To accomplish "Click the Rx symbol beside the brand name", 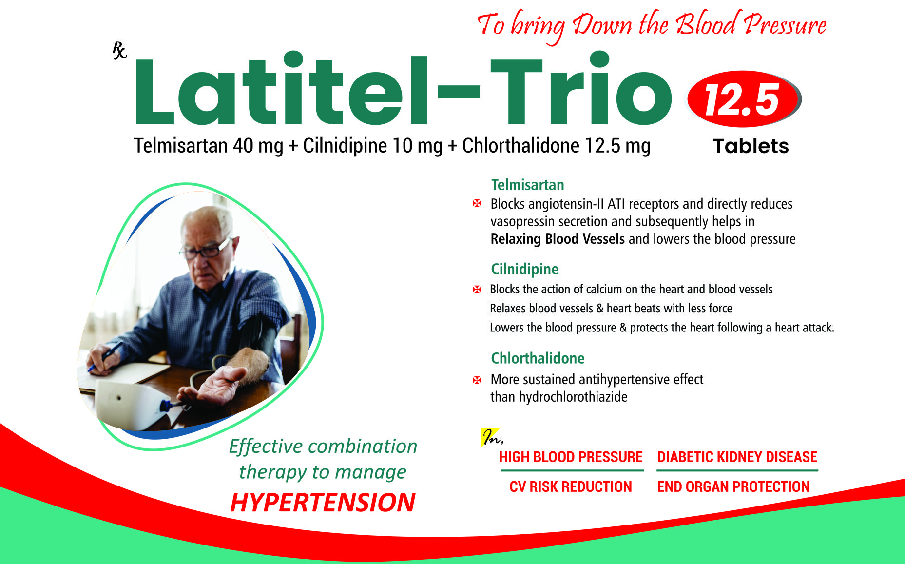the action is point(119,50).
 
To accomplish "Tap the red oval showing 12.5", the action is point(744,99).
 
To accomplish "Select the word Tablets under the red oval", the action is point(751,146).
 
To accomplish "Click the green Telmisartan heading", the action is point(527,185).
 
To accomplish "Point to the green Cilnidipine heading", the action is point(524,269).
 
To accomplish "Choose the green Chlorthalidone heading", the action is point(538,358).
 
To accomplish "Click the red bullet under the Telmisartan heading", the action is point(477,204).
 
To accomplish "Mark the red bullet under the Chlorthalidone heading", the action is point(477,380).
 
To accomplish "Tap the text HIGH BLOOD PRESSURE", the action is point(571,457).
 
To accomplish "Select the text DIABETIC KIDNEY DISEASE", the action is point(737,457).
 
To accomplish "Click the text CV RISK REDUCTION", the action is point(571,486).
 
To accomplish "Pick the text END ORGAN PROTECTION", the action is point(733,486).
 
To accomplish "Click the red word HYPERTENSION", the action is point(323,503).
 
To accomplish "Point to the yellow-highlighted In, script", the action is point(492,437).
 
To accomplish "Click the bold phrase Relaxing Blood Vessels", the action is point(558,239).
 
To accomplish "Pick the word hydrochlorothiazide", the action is point(573,397).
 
